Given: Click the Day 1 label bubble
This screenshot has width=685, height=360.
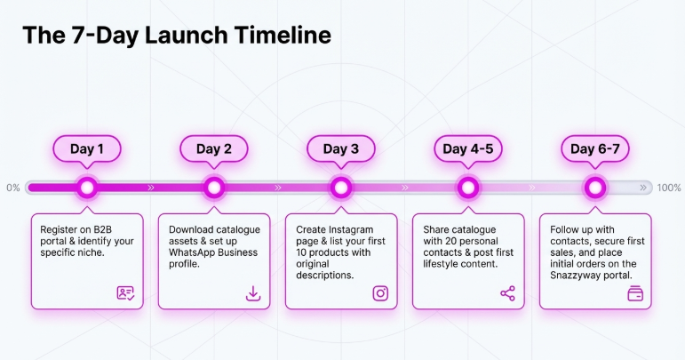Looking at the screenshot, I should pyautogui.click(x=87, y=148).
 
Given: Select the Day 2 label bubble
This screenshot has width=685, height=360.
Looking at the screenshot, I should pyautogui.click(x=214, y=148).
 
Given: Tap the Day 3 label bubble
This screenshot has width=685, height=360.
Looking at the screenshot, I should pyautogui.click(x=341, y=148).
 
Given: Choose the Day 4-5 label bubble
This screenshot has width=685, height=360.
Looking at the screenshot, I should pyautogui.click(x=468, y=148).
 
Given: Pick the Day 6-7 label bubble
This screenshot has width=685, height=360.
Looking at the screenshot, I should pyautogui.click(x=595, y=148).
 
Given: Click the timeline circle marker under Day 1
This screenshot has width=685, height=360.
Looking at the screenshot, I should pyautogui.click(x=87, y=188).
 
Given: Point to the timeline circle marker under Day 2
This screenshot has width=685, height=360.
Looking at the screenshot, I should pyautogui.click(x=214, y=188).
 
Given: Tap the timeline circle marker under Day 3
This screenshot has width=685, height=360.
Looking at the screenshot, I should pyautogui.click(x=341, y=188).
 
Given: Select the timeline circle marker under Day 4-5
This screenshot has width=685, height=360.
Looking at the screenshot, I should pyautogui.click(x=468, y=188).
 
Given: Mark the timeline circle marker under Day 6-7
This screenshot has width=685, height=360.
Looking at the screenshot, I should pyautogui.click(x=595, y=188).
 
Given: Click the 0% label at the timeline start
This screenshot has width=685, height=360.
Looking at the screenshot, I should pyautogui.click(x=13, y=188).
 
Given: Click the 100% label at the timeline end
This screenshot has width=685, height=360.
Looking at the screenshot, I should pyautogui.click(x=669, y=188).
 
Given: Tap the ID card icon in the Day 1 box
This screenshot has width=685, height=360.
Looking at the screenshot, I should pyautogui.click(x=126, y=293).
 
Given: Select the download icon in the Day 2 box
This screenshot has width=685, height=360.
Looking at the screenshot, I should pyautogui.click(x=253, y=293).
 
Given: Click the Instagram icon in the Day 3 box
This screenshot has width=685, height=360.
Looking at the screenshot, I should pyautogui.click(x=380, y=293).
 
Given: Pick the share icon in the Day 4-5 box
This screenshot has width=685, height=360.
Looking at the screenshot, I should pyautogui.click(x=507, y=293).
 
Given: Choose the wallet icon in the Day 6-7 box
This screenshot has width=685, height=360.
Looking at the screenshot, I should pyautogui.click(x=634, y=293).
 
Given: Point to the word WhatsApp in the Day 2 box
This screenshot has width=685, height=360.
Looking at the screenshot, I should pyautogui.click(x=194, y=252).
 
